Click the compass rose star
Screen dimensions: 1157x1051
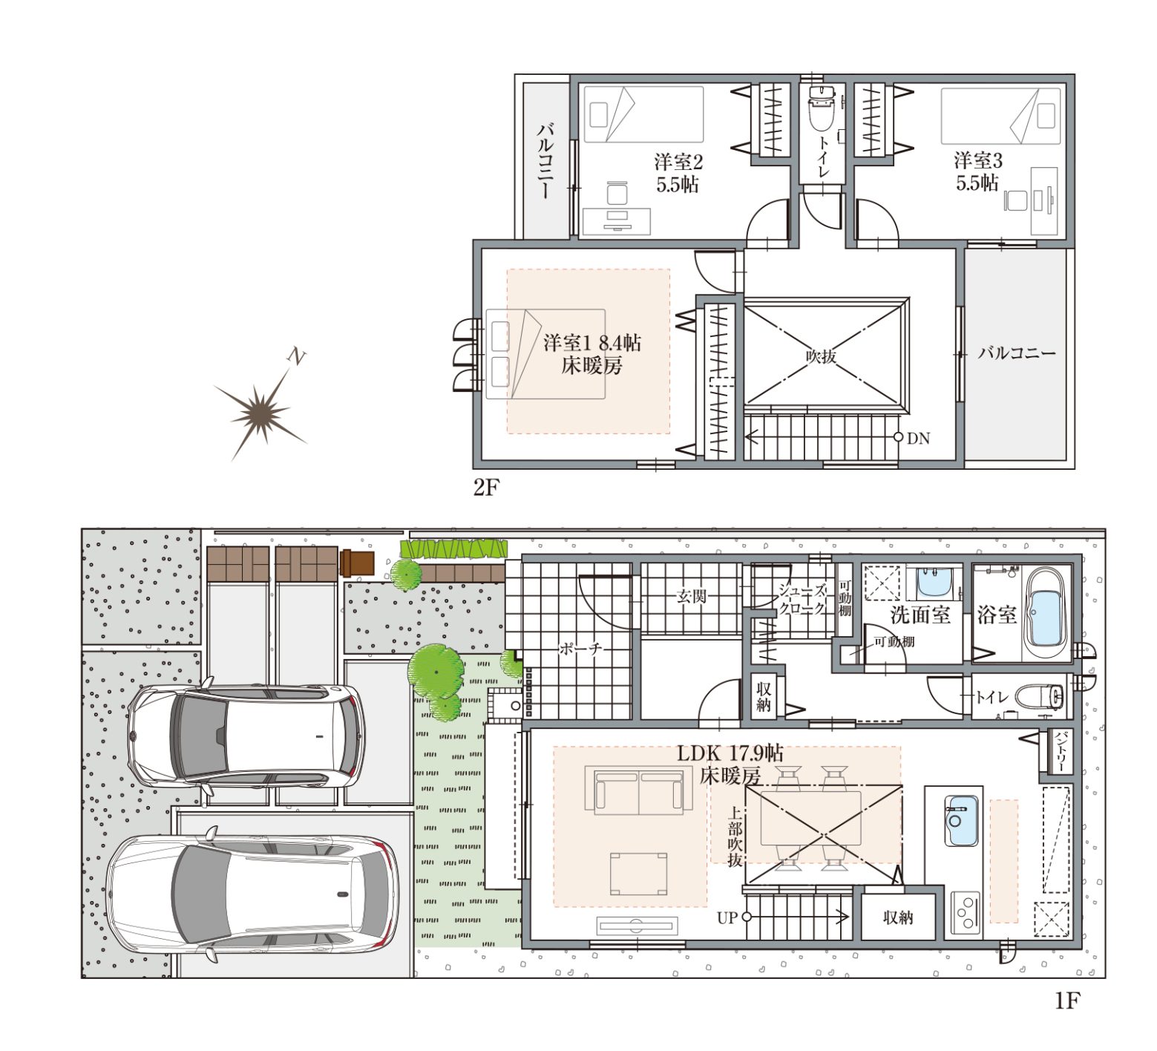(260, 410)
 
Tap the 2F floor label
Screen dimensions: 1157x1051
(487, 487)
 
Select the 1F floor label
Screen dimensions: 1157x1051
(1066, 1001)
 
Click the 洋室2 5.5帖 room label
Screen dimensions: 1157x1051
(678, 173)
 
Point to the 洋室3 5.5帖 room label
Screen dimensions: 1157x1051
(978, 171)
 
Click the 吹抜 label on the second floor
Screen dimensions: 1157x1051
(821, 356)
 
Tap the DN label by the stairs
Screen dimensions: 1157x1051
(918, 438)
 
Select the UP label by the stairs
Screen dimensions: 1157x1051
(727, 917)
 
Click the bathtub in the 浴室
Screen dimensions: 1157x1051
(1046, 615)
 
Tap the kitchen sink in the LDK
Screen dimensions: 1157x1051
(960, 820)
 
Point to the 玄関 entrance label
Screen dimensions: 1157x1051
(692, 597)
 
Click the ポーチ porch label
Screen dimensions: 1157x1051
(580, 649)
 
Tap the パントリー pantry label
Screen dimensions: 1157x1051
(1061, 751)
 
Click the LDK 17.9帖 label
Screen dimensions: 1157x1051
(730, 753)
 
